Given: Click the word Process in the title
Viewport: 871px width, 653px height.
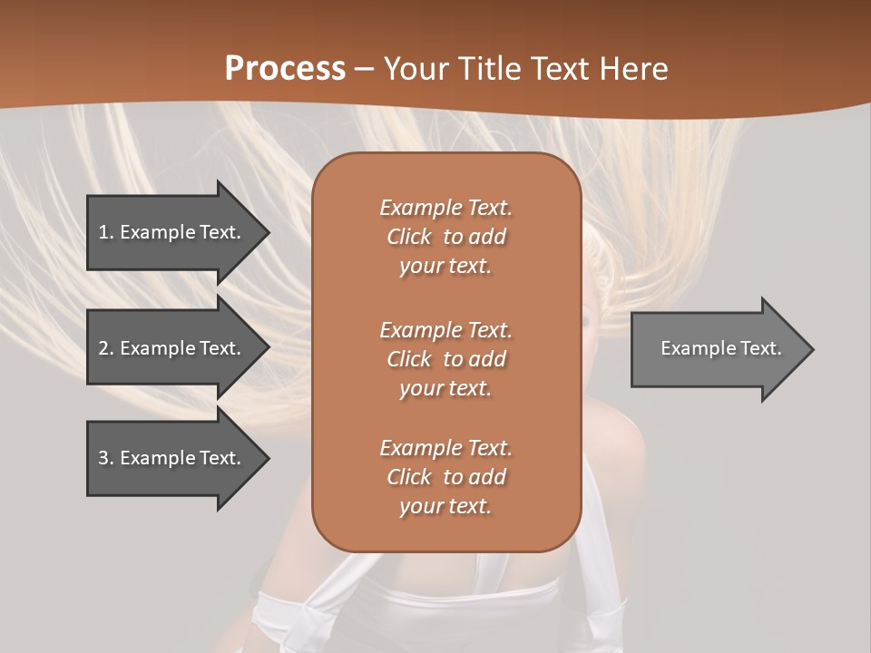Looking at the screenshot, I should (285, 68).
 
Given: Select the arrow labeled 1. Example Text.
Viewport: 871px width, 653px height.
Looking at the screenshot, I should (172, 232).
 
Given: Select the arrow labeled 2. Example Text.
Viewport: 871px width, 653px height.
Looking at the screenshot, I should (172, 348).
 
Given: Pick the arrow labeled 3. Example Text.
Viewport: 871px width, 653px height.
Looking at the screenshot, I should (172, 458).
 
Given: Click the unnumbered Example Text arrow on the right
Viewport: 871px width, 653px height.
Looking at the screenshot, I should (717, 348).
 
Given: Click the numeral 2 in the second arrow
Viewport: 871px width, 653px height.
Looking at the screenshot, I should (103, 348).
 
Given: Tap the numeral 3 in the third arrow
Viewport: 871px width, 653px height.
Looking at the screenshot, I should (103, 458).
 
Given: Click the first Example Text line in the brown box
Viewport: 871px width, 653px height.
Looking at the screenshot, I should (445, 208).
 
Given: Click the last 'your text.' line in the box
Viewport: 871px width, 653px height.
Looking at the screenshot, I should (445, 506).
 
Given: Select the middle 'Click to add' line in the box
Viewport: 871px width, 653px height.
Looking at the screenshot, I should (445, 359).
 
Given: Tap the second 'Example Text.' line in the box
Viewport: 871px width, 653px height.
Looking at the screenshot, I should (445, 329).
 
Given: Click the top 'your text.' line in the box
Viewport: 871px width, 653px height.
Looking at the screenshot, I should (445, 267).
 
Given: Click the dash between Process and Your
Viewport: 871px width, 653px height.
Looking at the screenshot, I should (365, 69).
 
